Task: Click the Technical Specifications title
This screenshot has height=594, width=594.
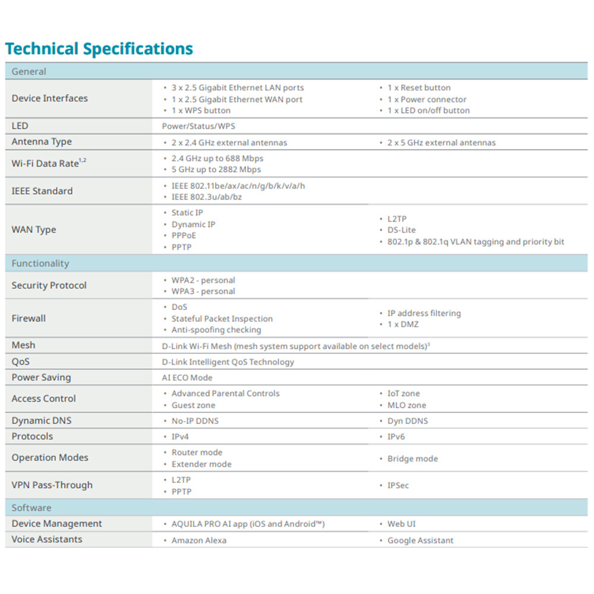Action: pos(99,49)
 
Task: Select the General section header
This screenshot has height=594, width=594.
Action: pos(29,71)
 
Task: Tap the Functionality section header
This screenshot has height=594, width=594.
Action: pos(40,263)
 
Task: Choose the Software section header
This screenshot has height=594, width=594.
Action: pos(31,508)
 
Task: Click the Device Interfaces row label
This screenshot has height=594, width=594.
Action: pos(49,98)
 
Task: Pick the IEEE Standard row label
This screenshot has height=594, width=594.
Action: pos(42,191)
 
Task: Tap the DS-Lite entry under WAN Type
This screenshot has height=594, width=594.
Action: pos(401,230)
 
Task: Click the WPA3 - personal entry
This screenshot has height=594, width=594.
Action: pos(203,291)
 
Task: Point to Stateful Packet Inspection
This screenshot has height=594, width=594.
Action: pos(222,318)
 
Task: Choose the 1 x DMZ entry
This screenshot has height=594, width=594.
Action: pos(403,324)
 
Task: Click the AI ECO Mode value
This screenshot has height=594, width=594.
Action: pos(187,377)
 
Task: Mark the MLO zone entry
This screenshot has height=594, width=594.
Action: pos(406,405)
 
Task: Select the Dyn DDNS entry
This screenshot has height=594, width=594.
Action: pos(407,421)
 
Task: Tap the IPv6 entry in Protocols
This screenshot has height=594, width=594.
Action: pos(396,437)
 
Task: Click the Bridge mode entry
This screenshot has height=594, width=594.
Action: pos(412,459)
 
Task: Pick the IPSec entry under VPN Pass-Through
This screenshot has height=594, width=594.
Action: pos(398,485)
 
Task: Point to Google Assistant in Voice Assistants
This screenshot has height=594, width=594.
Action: pos(420,541)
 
